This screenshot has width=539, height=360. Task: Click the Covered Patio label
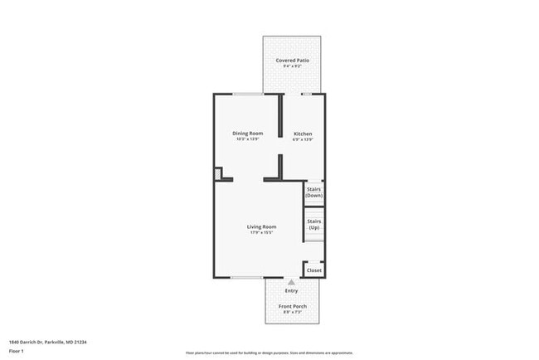pyautogui.click(x=291, y=61)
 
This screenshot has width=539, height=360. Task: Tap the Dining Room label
pyautogui.click(x=247, y=134)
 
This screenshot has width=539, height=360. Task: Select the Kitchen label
pyautogui.click(x=302, y=134)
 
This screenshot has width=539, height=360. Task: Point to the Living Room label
pyautogui.click(x=261, y=226)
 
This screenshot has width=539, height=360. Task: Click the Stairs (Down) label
pyautogui.click(x=314, y=192)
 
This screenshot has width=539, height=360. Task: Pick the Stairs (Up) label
pyautogui.click(x=314, y=224)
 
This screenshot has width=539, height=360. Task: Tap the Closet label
pyautogui.click(x=314, y=270)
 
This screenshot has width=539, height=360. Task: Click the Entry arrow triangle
pyautogui.click(x=291, y=282)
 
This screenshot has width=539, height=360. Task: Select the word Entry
pyautogui.click(x=291, y=290)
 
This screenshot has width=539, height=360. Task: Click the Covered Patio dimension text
pyautogui.click(x=291, y=67)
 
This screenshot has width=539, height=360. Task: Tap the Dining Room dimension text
pyautogui.click(x=247, y=139)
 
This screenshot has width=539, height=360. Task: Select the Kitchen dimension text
pyautogui.click(x=302, y=139)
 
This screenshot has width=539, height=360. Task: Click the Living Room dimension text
pyautogui.click(x=261, y=232)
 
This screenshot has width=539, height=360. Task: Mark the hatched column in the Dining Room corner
pyautogui.click(x=219, y=173)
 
